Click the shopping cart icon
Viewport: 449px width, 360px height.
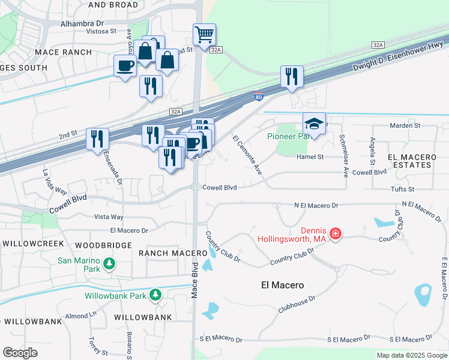tap(204, 34)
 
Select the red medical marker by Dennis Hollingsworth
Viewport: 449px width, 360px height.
tap(336, 233)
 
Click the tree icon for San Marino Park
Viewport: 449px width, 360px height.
tap(109, 263)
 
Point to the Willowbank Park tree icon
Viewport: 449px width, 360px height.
tap(155, 295)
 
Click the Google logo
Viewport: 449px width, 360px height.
tap(20, 353)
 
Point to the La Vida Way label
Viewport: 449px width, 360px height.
tap(54, 182)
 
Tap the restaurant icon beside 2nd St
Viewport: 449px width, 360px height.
tap(95, 139)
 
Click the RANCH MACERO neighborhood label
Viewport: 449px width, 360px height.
tap(164, 253)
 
